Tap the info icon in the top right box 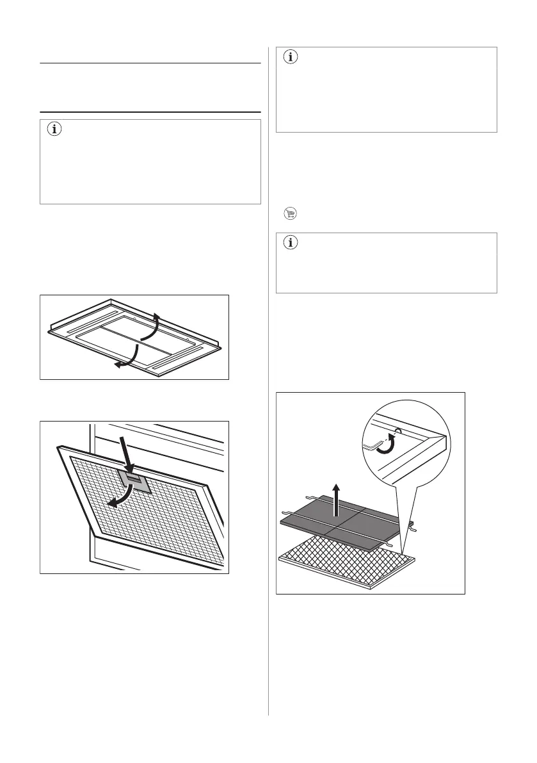pyautogui.click(x=290, y=57)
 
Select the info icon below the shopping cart pyautogui.click(x=290, y=243)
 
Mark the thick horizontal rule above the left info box pyautogui.click(x=151, y=111)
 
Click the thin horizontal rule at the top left pyautogui.click(x=151, y=63)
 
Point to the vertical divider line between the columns pyautogui.click(x=269, y=384)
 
